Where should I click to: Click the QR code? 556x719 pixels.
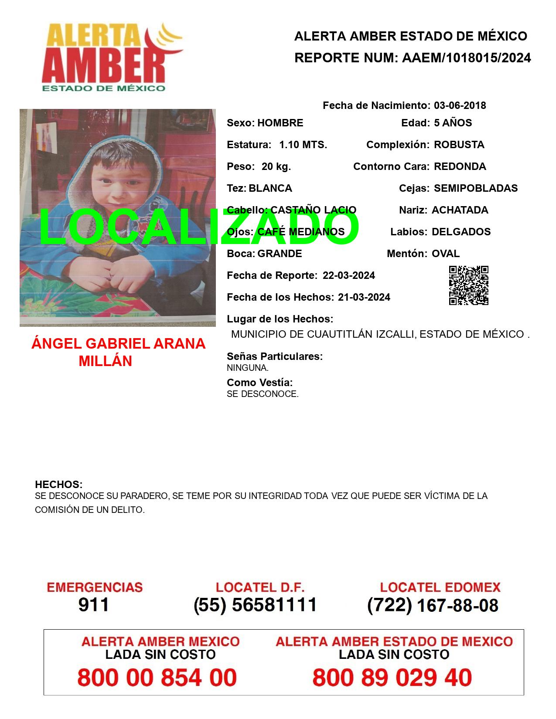[469, 285]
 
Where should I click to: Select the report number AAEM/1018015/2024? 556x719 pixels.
[466, 58]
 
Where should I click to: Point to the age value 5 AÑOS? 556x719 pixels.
[453, 123]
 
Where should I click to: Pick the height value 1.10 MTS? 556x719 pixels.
[303, 145]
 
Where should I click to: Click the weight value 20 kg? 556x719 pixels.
[276, 166]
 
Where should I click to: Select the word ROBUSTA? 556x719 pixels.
[459, 145]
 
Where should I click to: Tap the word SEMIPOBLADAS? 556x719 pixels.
[475, 188]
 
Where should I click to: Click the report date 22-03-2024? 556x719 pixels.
[348, 275]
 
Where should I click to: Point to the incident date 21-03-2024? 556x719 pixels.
[364, 297]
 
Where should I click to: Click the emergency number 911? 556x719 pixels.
[94, 605]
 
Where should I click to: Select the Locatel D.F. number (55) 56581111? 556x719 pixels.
[255, 605]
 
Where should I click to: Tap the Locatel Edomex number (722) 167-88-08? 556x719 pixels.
[433, 605]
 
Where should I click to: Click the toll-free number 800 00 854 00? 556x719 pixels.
[157, 678]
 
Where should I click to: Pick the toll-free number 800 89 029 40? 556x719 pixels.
[392, 678]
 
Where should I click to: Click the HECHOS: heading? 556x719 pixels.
[58, 485]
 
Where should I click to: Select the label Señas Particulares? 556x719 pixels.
[275, 356]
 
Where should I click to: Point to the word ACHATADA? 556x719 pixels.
[460, 210]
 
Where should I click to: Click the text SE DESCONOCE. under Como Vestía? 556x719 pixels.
[263, 394]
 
